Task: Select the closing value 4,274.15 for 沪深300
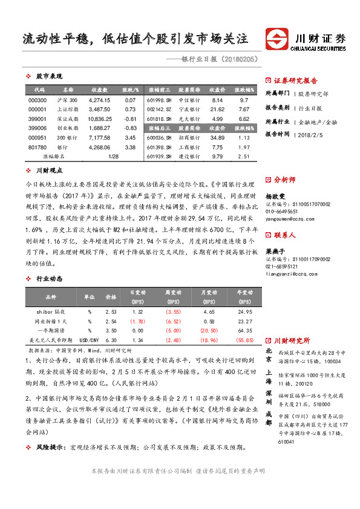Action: coord(99,100)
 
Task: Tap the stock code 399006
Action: coord(38,128)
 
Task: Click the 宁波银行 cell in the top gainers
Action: coord(190,109)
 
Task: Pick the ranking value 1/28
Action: coord(113,157)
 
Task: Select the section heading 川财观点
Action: coord(50,171)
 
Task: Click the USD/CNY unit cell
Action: coord(90,340)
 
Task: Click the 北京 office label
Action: coord(269,352)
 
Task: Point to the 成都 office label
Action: coord(269,417)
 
